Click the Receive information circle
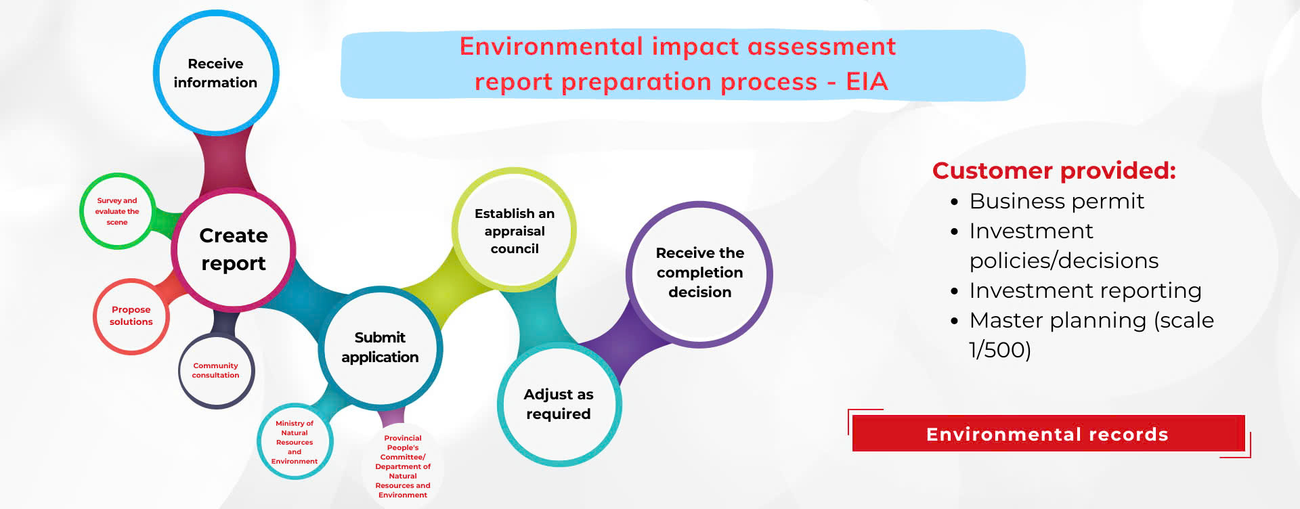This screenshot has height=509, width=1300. [216, 72]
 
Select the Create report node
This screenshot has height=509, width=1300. [234, 249]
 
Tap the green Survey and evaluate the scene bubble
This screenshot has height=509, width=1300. [117, 211]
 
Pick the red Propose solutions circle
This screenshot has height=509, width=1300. [131, 316]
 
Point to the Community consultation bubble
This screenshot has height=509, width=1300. [216, 370]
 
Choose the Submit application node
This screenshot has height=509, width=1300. [381, 348]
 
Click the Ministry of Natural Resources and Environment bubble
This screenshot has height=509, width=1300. [295, 442]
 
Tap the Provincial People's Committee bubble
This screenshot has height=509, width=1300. [403, 466]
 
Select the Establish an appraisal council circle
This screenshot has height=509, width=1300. [515, 230]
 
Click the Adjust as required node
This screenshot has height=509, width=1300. [559, 404]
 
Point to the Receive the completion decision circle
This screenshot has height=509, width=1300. [700, 274]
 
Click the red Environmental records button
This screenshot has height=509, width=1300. [1047, 434]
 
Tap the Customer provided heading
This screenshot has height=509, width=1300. [1054, 171]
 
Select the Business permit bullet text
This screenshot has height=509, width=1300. [1057, 201]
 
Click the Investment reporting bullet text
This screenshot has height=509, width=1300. [1085, 290]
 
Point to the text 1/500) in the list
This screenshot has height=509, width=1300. [1000, 350]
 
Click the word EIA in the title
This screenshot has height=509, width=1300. [867, 82]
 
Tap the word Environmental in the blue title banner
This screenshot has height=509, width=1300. [551, 47]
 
